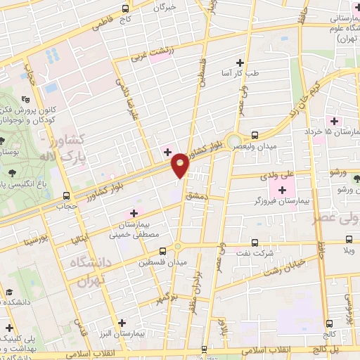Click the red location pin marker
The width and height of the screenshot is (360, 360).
[x=181, y=165]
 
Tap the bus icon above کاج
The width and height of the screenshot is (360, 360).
[x=125, y=9]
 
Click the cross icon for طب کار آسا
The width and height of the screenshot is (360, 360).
[x=240, y=63]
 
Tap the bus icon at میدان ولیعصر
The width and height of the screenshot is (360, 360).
[x=255, y=134]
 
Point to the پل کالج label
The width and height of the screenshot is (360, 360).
[x=330, y=349]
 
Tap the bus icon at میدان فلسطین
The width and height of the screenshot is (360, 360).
[x=163, y=250]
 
